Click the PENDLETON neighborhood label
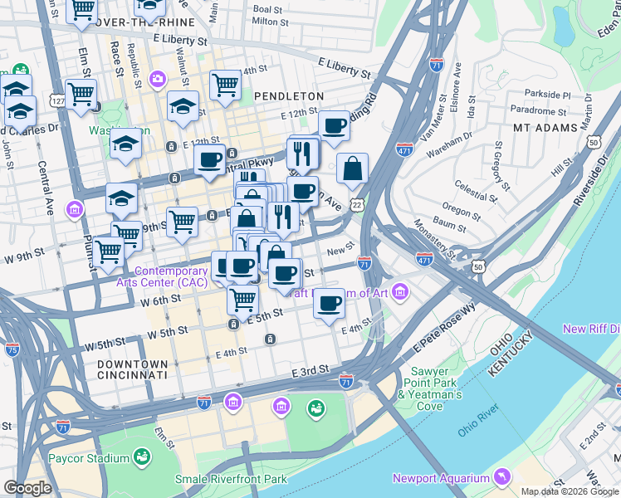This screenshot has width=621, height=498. [289, 97]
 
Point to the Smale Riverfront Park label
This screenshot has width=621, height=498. [231, 479]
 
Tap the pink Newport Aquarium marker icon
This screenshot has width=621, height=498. [501, 476]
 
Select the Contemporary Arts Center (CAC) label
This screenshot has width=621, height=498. [171, 277]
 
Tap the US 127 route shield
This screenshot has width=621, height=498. [57, 100]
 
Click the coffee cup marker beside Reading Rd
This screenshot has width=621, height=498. [334, 125]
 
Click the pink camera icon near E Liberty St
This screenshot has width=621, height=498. [157, 79]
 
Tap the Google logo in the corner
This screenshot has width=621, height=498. [27, 488]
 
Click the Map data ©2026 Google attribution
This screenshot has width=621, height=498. [569, 491]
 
